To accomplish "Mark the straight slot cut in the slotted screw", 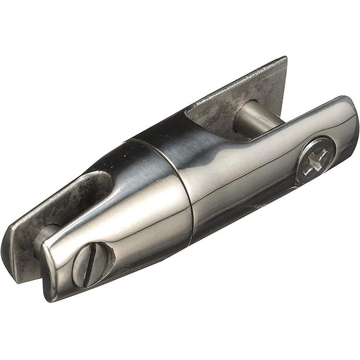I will (x=90, y=263).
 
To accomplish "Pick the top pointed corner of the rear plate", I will (x=284, y=59).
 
